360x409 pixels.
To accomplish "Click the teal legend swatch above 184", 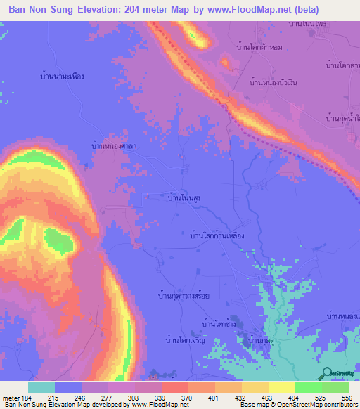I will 41,387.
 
